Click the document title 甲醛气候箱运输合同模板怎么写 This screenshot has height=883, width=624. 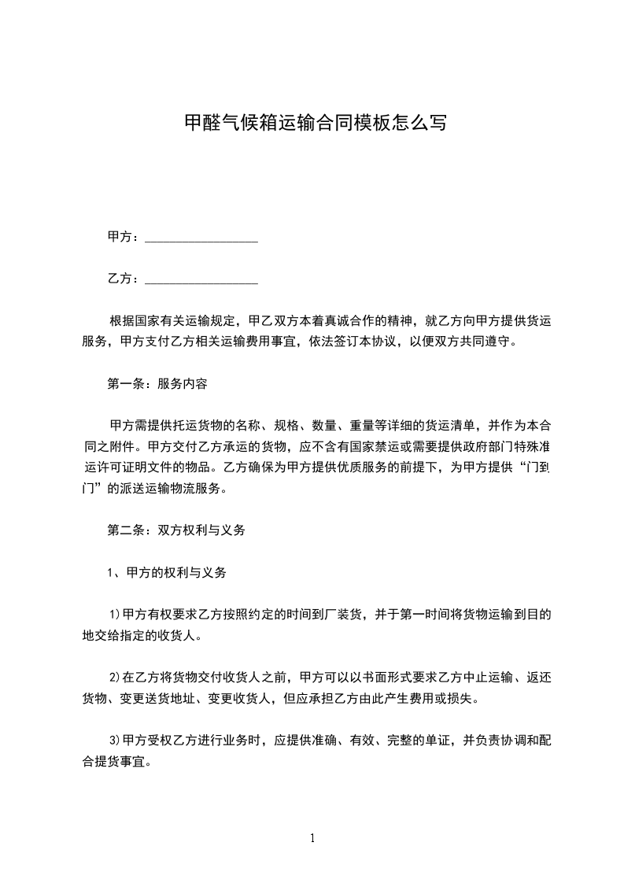[315, 123]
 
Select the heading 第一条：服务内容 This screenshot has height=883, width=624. [157, 385]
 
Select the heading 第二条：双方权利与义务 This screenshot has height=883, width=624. [176, 530]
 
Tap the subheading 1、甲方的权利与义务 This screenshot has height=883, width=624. [167, 573]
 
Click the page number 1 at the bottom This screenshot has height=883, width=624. [312, 838]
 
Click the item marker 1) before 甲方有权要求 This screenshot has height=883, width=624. [115, 615]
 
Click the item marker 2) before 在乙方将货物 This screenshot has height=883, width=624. [115, 677]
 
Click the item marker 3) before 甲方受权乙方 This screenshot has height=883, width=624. [115, 741]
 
